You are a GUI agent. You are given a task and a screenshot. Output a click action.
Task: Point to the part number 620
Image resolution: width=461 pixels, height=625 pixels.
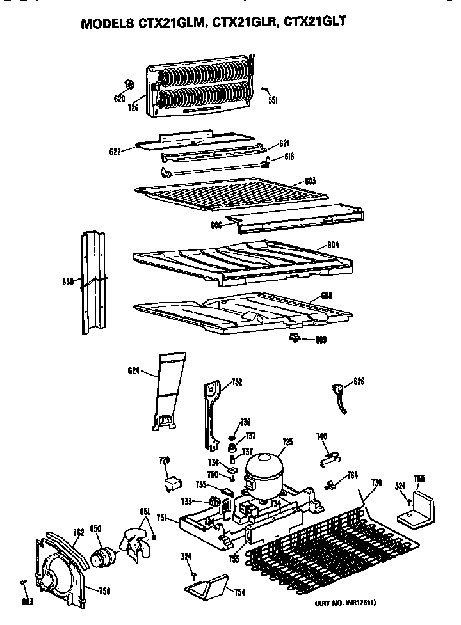pos(119,99)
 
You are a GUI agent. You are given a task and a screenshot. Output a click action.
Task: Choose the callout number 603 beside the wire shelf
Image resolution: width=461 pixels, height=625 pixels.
pos(310,182)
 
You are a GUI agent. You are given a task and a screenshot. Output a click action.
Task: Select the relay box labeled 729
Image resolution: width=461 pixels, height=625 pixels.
pos(172,484)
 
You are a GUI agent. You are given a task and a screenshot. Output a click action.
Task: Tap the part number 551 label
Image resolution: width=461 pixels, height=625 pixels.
pos(272,100)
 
